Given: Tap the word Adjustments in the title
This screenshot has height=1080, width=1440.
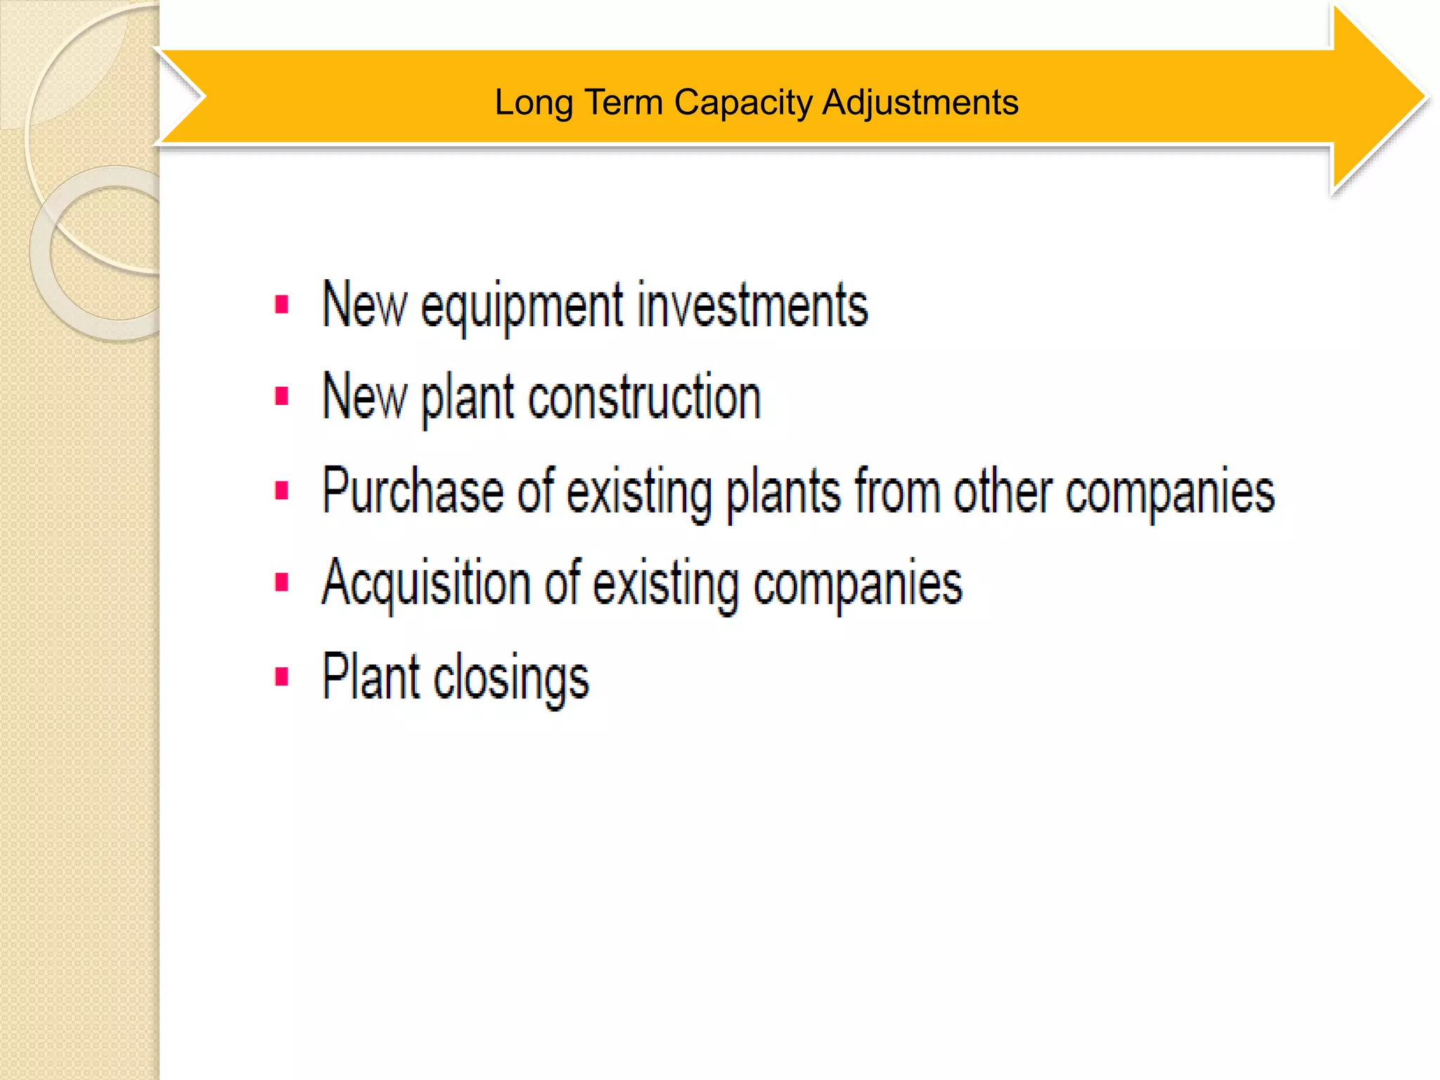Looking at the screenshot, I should [x=920, y=103].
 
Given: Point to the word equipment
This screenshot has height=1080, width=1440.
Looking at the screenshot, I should [x=522, y=307].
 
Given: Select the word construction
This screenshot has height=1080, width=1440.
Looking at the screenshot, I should [x=644, y=397].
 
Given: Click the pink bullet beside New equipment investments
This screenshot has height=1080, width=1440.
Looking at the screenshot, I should [x=282, y=305].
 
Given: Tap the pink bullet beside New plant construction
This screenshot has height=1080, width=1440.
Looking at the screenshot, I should [x=282, y=397].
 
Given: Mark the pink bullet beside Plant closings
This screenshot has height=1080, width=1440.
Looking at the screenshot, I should [x=282, y=676].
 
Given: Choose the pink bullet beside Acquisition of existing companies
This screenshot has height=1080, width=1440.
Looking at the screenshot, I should [x=282, y=583].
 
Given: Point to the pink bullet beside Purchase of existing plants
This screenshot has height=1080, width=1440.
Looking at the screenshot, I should [x=282, y=490].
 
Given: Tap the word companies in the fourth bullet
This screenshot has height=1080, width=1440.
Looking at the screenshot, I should [x=858, y=584].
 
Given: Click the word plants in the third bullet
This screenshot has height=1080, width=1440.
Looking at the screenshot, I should [x=783, y=491].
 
